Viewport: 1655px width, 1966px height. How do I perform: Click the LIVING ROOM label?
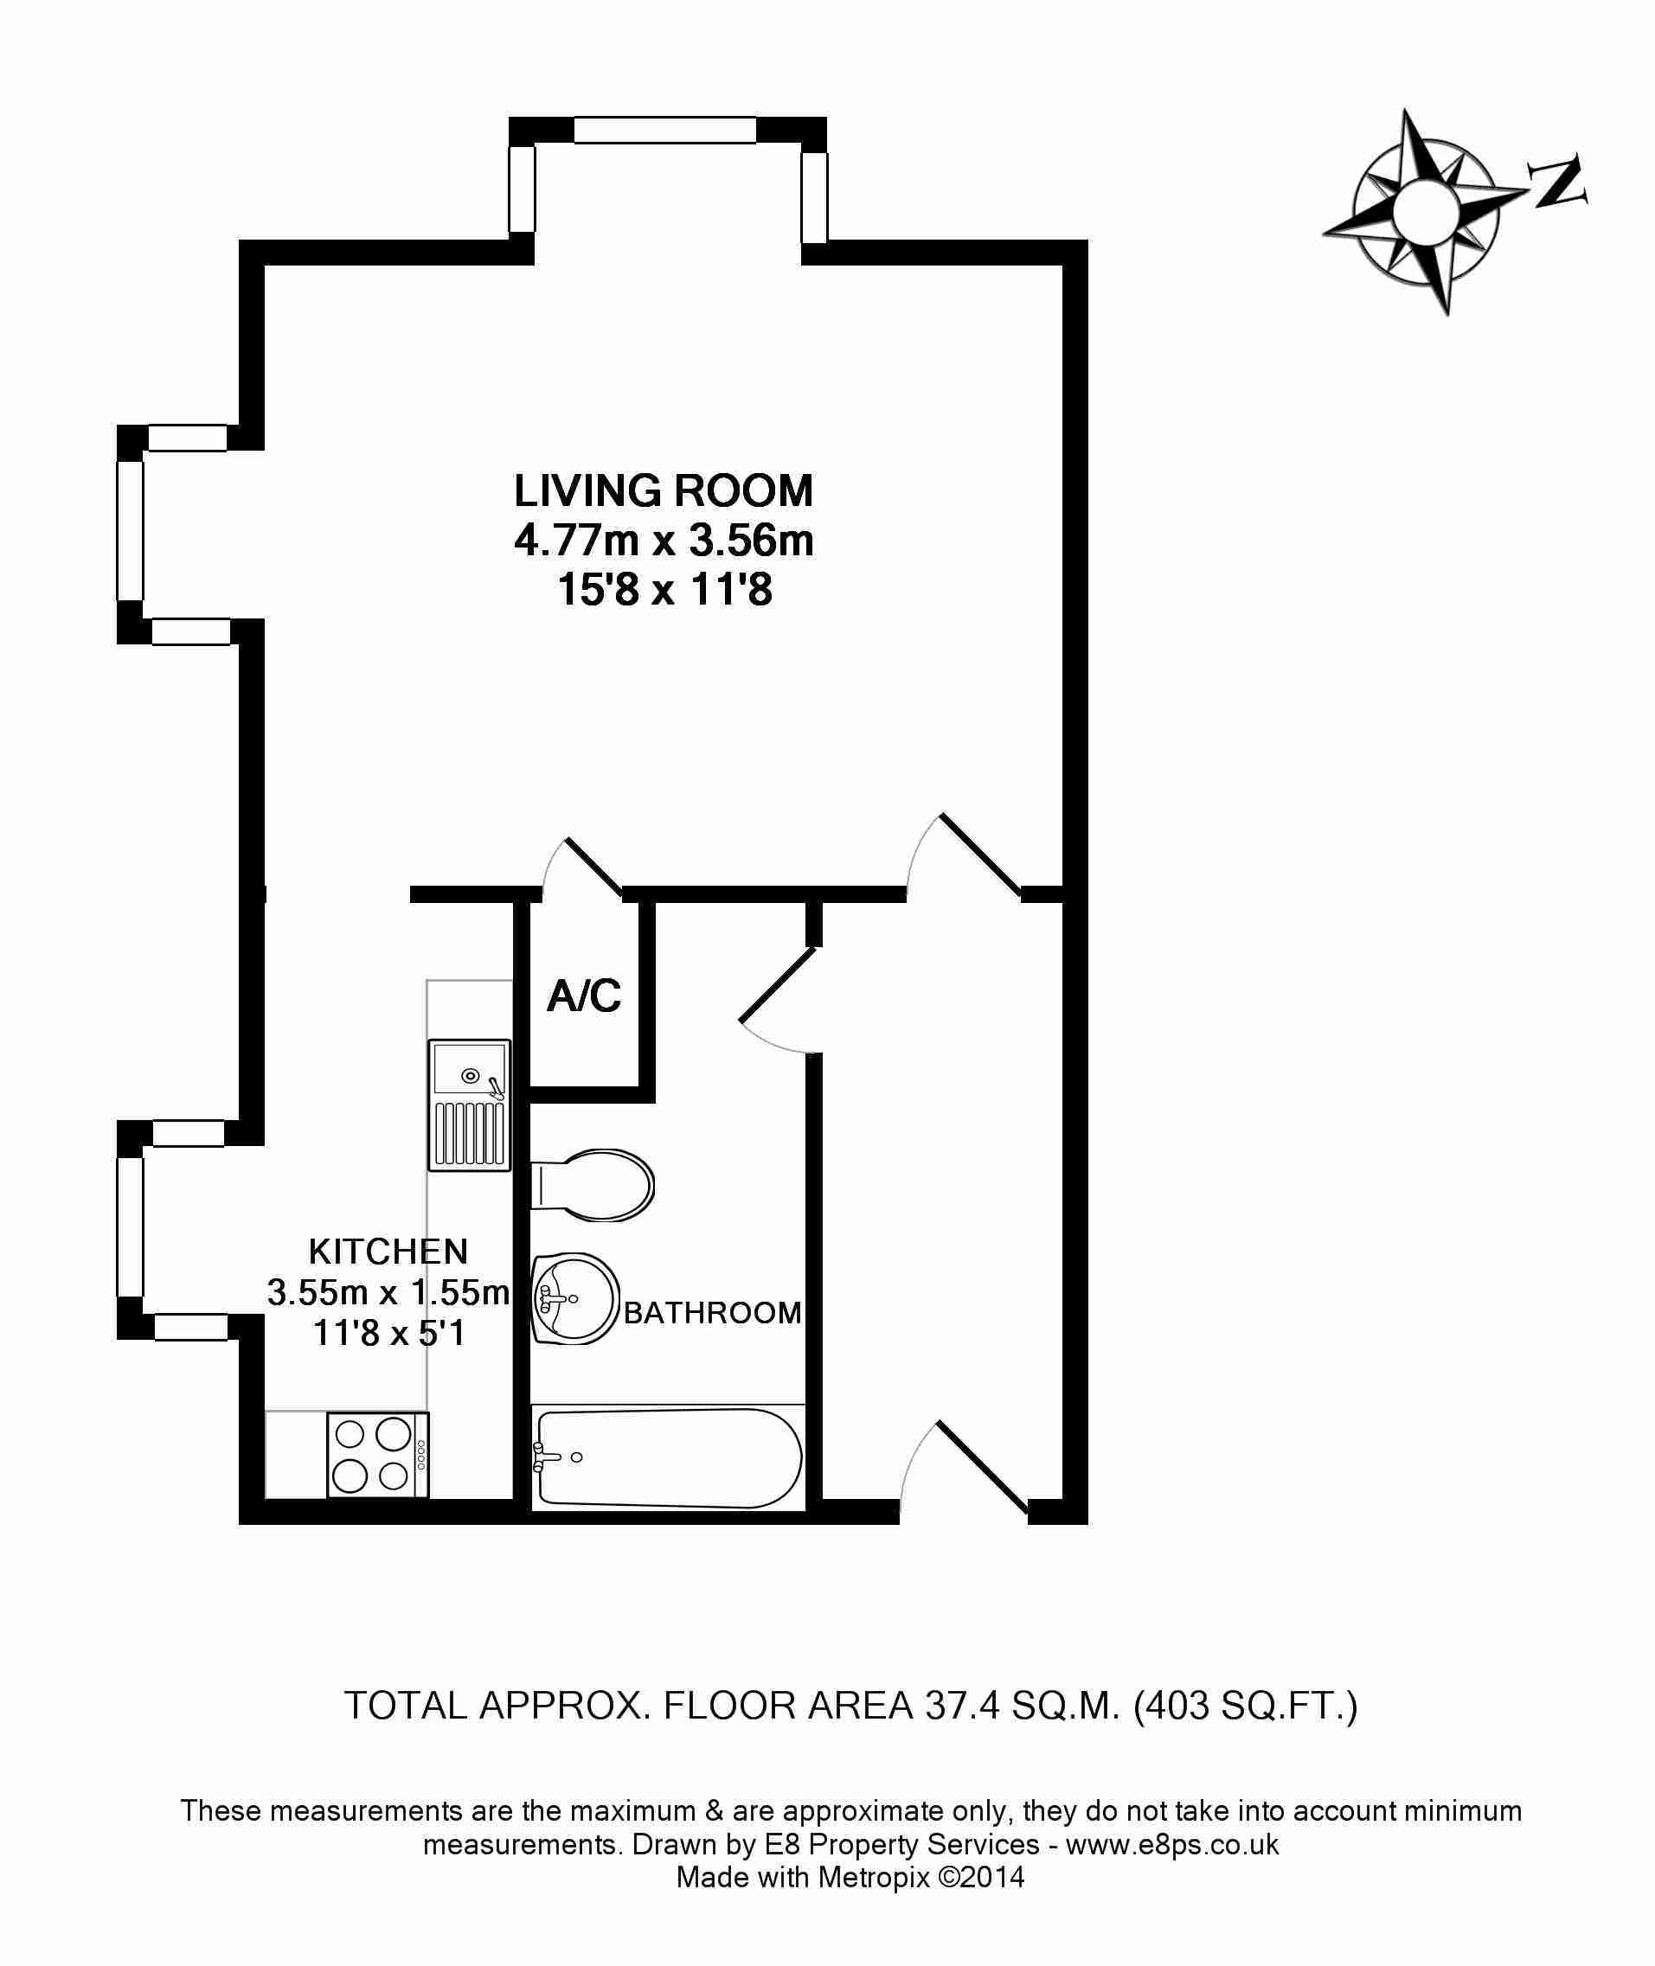pos(664,490)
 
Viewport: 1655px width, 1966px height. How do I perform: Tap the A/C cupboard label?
pos(584,996)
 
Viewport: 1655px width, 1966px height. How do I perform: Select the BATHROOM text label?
pos(712,1312)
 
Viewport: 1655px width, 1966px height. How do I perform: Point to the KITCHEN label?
pos(388,1251)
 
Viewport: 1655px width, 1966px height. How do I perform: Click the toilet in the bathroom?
pos(592,1186)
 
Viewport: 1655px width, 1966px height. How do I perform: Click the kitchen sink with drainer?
pos(469,1105)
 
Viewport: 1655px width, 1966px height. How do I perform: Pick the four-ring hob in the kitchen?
pos(378,1455)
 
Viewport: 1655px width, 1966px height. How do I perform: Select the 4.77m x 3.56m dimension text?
pos(664,541)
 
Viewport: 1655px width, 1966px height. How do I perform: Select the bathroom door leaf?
pos(778,983)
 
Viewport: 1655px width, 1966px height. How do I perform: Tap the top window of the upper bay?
pos(664,130)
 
